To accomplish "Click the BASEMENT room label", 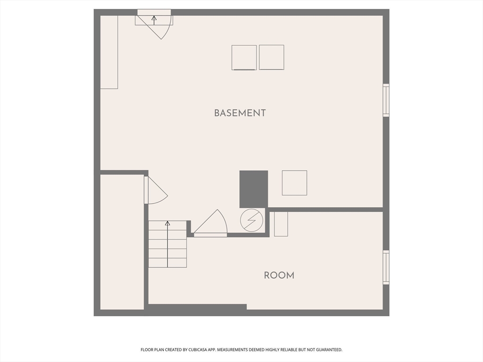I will tap(240, 113).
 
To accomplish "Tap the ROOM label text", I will tap(279, 275).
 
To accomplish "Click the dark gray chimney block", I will tap(254, 189).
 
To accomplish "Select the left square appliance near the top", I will tap(244, 58).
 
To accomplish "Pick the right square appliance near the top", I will tap(272, 57).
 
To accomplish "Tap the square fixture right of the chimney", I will tap(294, 183).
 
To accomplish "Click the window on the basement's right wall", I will tap(386, 100).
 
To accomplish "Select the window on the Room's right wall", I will tap(386, 267).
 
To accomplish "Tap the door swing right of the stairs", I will tap(212, 224).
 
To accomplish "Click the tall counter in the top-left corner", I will tap(109, 52).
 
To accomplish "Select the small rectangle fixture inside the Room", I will tap(281, 224).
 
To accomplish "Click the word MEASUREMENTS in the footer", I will tap(229, 350).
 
